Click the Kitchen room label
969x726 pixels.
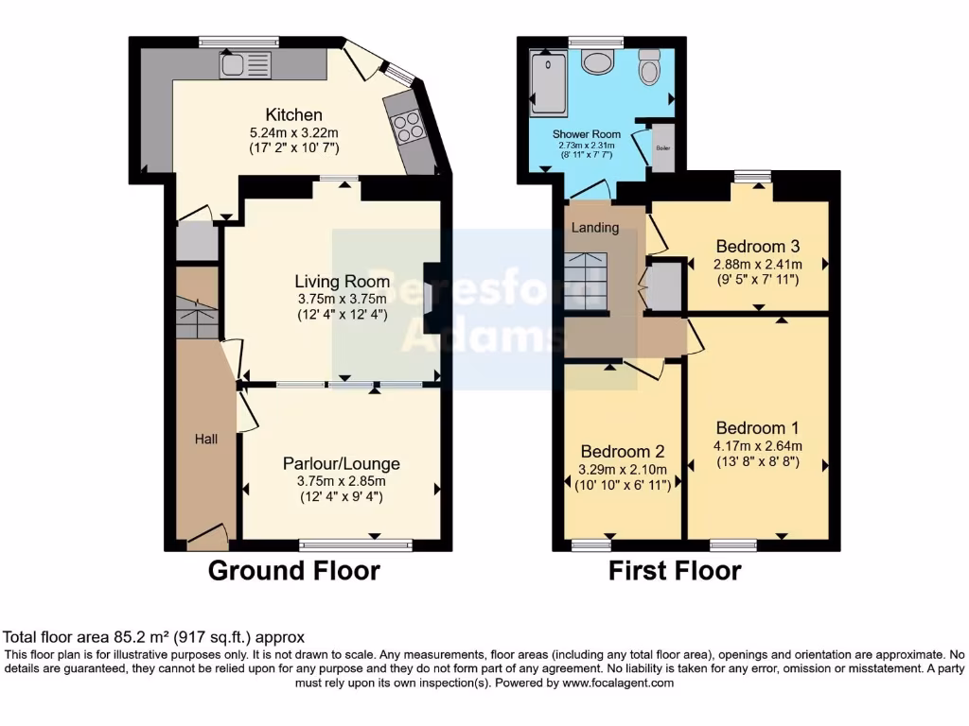pyautogui.click(x=294, y=114)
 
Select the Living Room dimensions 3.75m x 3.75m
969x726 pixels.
pyautogui.click(x=342, y=299)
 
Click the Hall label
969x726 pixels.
pyautogui.click(x=206, y=439)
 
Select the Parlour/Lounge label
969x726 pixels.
pyautogui.click(x=341, y=463)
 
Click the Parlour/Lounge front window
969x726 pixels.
pyautogui.click(x=356, y=544)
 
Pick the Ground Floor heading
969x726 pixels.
pyautogui.click(x=293, y=571)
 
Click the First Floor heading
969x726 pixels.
pyautogui.click(x=675, y=571)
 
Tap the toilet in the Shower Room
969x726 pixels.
pyautogui.click(x=649, y=68)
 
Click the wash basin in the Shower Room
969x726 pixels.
pyautogui.click(x=598, y=62)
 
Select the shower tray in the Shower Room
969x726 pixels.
pyautogui.click(x=547, y=82)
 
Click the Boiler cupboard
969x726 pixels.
pyautogui.click(x=662, y=147)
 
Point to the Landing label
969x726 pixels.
pyautogui.click(x=596, y=228)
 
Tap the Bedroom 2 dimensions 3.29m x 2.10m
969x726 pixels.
pyautogui.click(x=623, y=469)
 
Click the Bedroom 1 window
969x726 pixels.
pyautogui.click(x=733, y=544)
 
